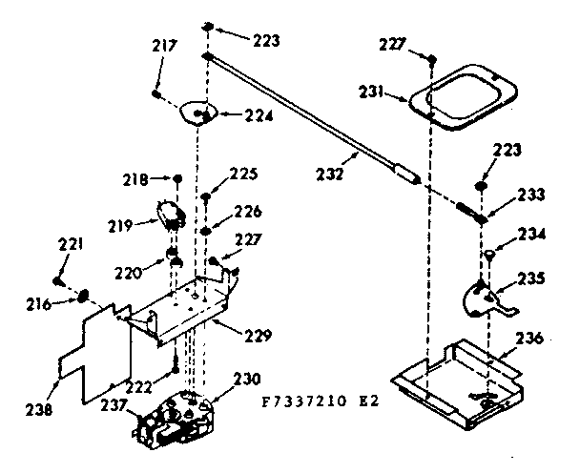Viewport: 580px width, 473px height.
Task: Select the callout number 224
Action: pyautogui.click(x=233, y=117)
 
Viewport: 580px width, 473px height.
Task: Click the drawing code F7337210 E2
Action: pyautogui.click(x=322, y=401)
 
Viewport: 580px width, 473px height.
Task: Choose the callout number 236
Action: pyautogui.click(x=530, y=337)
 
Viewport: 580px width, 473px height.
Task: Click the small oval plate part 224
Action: pyautogui.click(x=198, y=113)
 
